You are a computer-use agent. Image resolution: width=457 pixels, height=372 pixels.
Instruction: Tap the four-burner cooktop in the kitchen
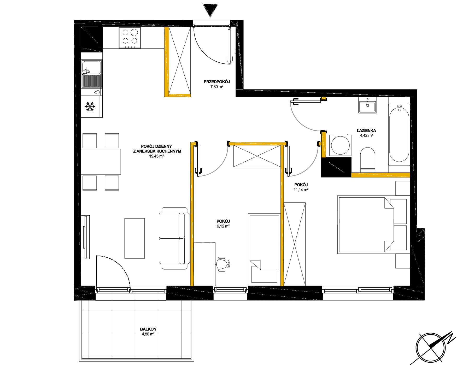click(x=130, y=38)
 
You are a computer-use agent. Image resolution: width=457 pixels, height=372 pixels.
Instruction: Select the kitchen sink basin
click(x=91, y=67)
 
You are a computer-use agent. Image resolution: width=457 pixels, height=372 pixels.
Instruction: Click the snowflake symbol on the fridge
click(x=90, y=107)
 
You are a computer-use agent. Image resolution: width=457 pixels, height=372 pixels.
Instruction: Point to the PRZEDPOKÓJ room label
click(x=217, y=82)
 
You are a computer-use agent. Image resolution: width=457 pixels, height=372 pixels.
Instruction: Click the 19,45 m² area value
click(x=156, y=156)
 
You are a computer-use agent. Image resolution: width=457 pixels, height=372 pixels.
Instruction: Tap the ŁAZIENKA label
click(x=366, y=131)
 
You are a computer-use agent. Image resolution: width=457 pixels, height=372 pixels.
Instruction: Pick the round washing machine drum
click(x=340, y=145)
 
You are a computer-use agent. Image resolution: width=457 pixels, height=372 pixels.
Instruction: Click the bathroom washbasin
click(x=368, y=106)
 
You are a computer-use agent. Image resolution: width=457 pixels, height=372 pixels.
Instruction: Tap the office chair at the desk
click(x=223, y=264)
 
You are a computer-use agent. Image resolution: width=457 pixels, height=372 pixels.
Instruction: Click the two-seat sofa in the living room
click(x=174, y=238)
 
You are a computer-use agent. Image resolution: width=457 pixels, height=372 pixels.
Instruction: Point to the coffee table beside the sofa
click(x=134, y=238)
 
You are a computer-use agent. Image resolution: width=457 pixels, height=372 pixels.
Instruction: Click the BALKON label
click(x=148, y=329)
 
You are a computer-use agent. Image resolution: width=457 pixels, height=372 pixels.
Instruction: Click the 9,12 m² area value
click(x=223, y=226)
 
